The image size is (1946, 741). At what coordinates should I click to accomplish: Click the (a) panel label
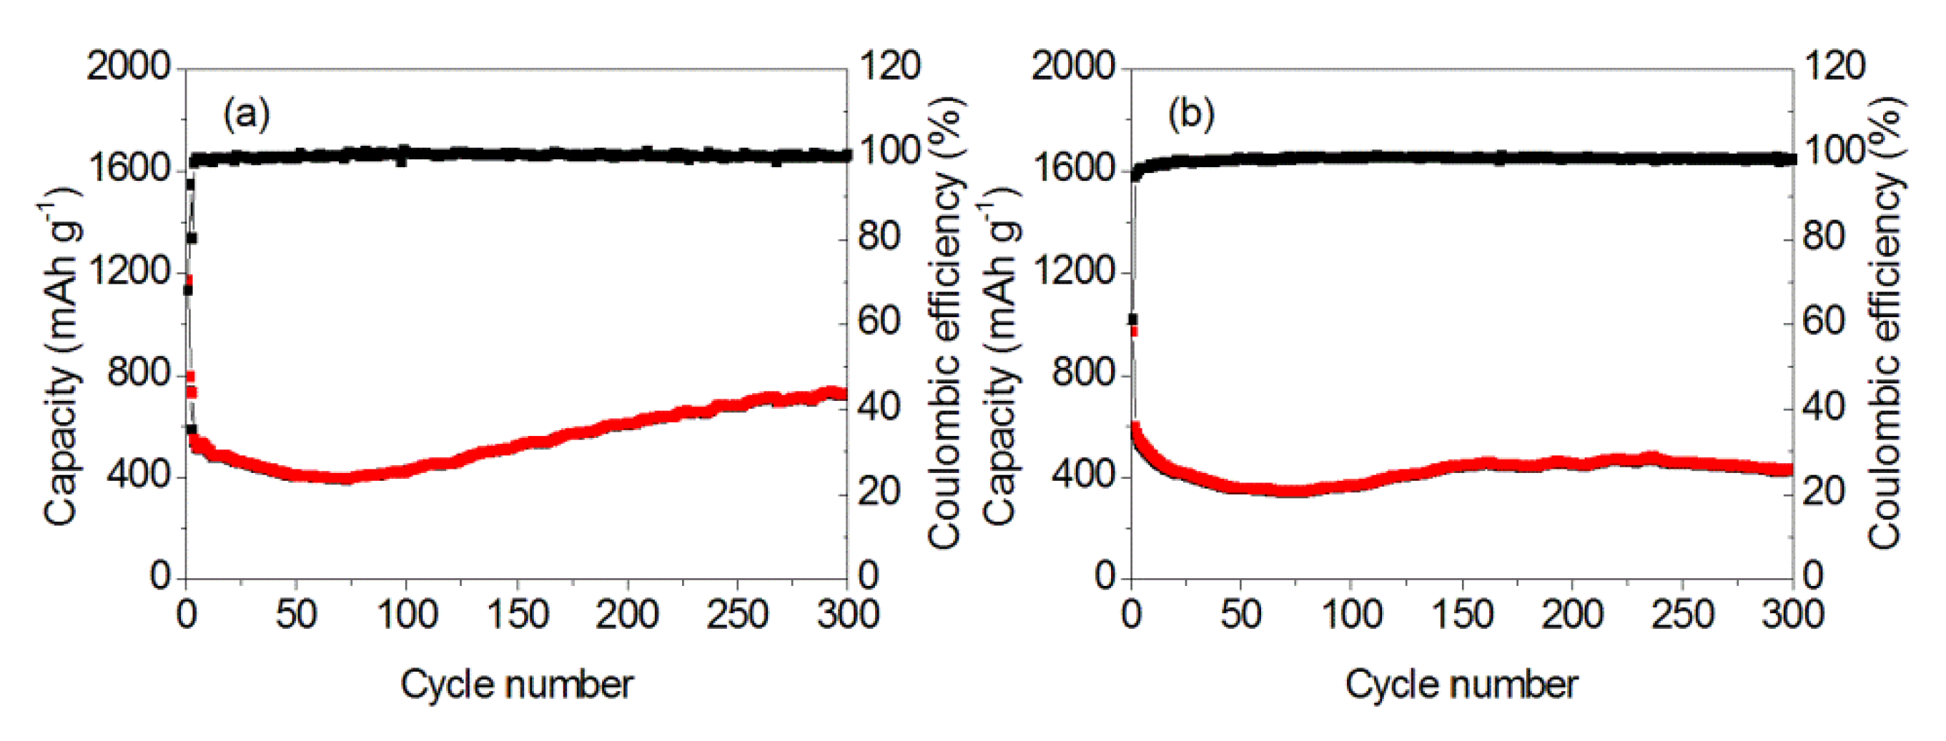coord(246,115)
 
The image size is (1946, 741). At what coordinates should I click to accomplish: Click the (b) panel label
coord(1191,115)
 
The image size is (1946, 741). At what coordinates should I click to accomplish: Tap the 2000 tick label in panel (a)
coord(129,66)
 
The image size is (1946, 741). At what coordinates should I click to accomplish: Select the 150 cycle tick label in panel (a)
coord(518,614)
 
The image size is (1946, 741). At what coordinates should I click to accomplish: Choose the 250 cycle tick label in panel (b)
coord(1682,614)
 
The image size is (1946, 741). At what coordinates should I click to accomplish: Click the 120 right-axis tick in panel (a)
coord(889,66)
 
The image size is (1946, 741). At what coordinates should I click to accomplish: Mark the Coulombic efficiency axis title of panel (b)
coord(1887,325)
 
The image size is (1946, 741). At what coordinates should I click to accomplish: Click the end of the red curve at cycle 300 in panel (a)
coord(841,394)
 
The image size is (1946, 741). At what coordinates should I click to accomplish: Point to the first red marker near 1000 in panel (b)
coord(1134,331)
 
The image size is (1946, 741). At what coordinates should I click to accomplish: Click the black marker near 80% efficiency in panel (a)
coord(192,238)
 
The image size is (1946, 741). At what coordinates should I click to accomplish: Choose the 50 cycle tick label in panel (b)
coord(1241,614)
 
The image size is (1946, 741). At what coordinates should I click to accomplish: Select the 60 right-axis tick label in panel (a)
coord(879,322)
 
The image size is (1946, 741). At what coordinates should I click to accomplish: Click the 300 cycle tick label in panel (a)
coord(848,614)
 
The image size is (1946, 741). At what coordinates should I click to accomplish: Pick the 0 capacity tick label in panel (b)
coord(1105,577)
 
